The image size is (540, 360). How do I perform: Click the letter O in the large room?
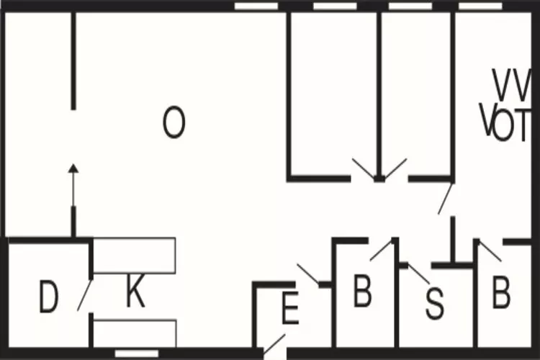coord(174,122)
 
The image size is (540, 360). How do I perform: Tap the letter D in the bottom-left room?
coord(48,298)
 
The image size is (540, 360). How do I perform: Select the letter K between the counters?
coord(135,294)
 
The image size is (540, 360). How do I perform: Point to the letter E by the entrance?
coord(289,311)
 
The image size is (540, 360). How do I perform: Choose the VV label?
coord(513,85)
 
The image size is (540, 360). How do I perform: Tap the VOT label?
coord(506,123)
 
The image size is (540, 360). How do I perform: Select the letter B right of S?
coord(501,293)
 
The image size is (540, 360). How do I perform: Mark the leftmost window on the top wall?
coord(257,6)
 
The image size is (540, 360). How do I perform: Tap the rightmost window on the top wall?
coord(480,6)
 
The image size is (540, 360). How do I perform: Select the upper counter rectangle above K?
coord(135,256)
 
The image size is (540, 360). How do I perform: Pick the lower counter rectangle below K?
coord(135,333)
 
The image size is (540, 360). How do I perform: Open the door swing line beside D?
coord(84,294)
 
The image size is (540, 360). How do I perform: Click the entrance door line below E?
coord(274,346)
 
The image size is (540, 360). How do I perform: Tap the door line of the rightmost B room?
coord(490,250)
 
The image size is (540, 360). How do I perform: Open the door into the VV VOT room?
coord(446,198)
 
